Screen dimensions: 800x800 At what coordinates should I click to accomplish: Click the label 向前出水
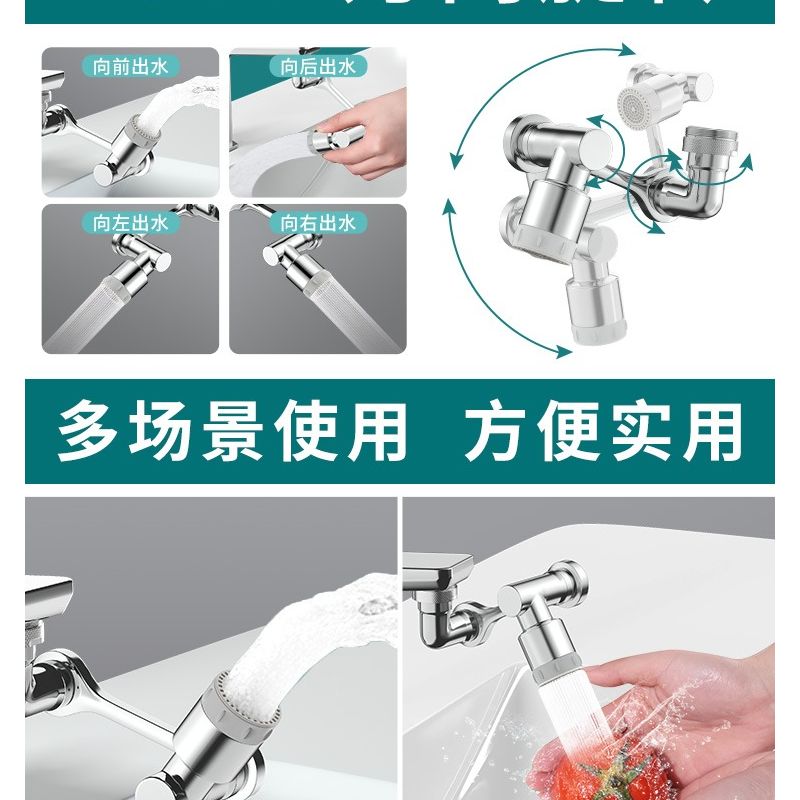[x=129, y=68]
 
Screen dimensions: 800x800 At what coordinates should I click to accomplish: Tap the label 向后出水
[x=317, y=68]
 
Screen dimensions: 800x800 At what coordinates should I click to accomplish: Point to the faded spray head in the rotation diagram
[x=632, y=100]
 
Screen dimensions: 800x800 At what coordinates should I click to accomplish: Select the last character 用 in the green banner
[x=717, y=432]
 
